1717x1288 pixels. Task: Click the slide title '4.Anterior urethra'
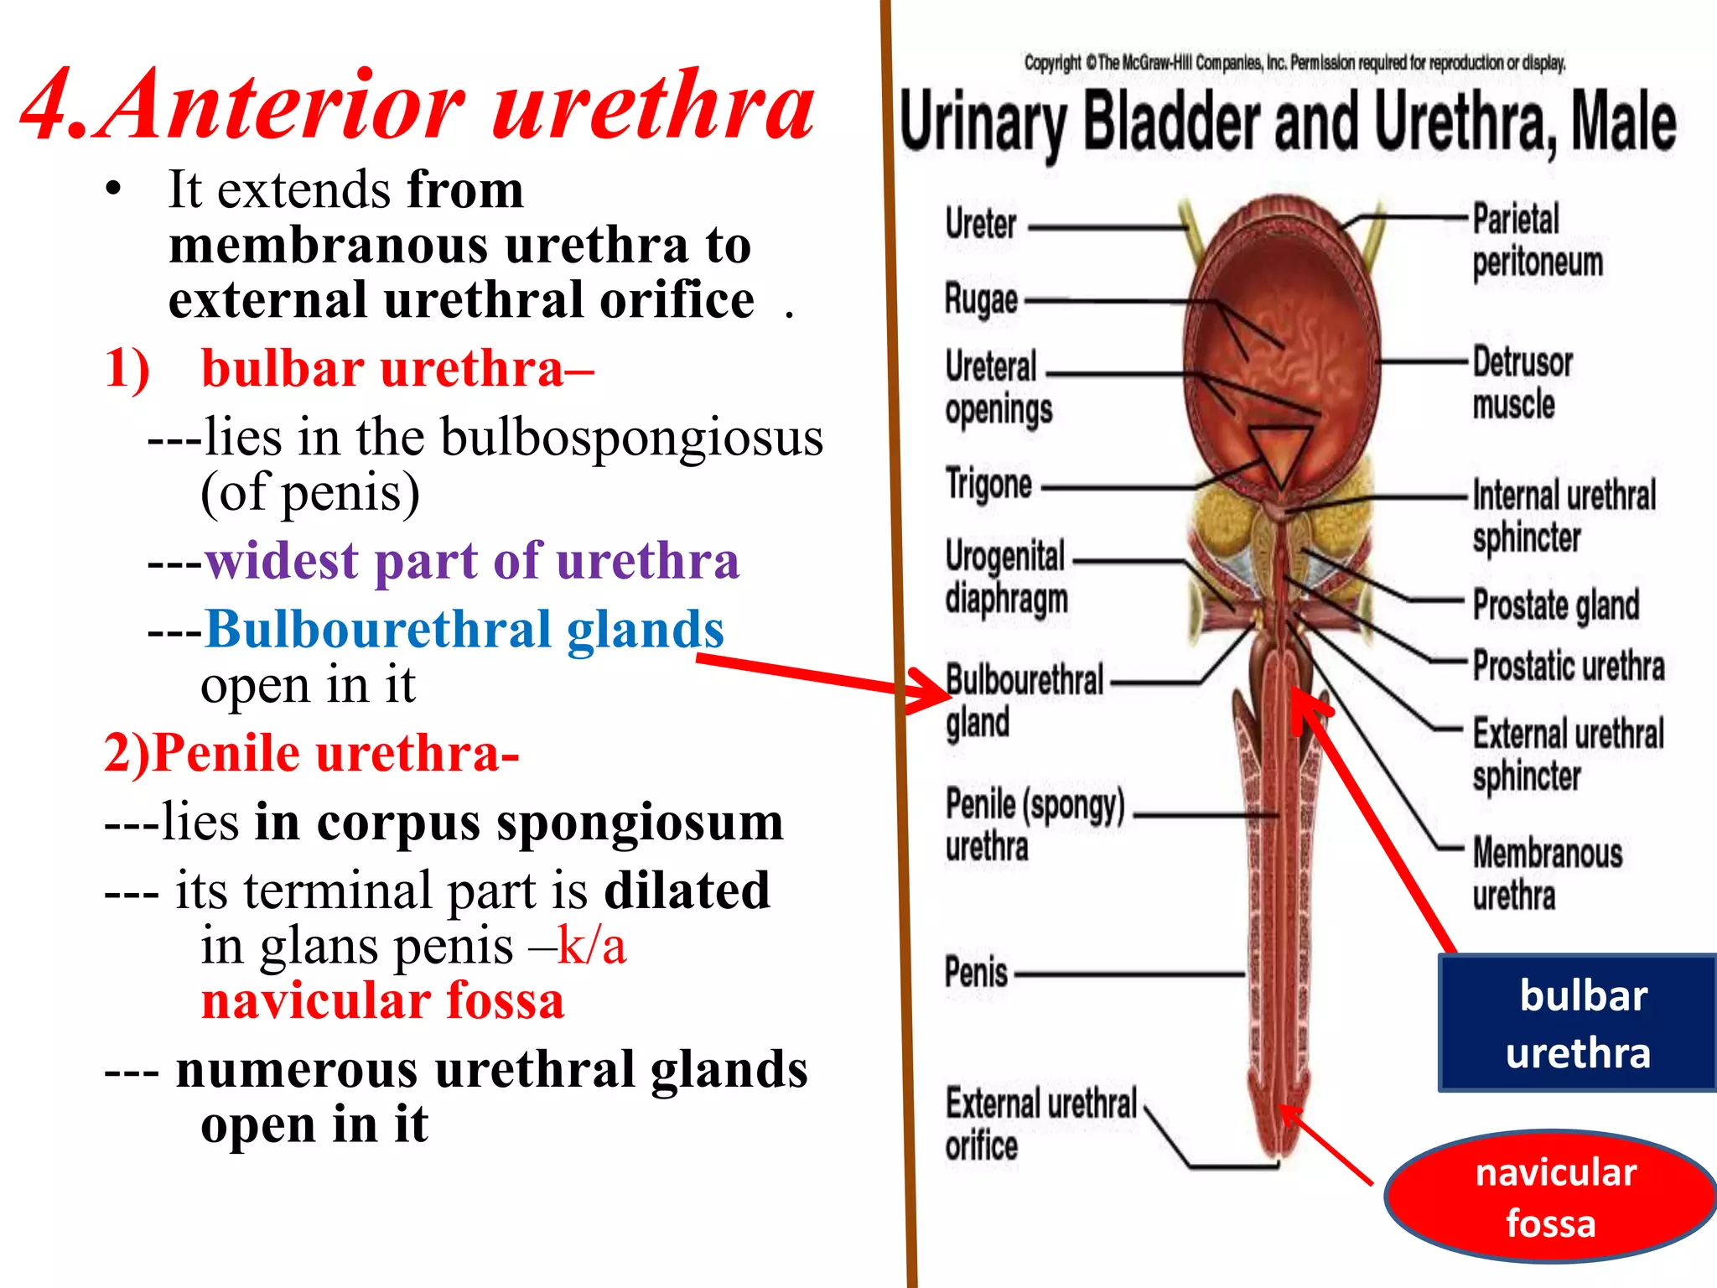pyautogui.click(x=418, y=105)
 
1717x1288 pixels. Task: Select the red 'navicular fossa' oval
pyautogui.click(x=1551, y=1197)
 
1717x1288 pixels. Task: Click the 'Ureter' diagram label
pyautogui.click(x=981, y=223)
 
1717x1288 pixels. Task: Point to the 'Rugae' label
pyautogui.click(x=981, y=299)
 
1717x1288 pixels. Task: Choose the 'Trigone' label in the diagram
pyautogui.click(x=988, y=484)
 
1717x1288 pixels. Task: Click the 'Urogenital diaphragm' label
pyautogui.click(x=1006, y=577)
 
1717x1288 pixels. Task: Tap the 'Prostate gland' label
pyautogui.click(x=1556, y=605)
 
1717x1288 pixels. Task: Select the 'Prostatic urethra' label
pyautogui.click(x=1569, y=666)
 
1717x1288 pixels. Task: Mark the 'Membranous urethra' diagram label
pyautogui.click(x=1547, y=873)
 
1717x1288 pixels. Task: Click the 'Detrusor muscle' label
pyautogui.click(x=1522, y=383)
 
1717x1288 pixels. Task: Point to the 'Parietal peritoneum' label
pyautogui.click(x=1537, y=241)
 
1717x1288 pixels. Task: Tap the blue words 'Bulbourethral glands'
pyautogui.click(x=464, y=629)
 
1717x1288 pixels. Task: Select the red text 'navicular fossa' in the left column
pyautogui.click(x=383, y=1000)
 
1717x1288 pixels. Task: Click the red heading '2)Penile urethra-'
pyautogui.click(x=311, y=752)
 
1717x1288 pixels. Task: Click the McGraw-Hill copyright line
pyautogui.click(x=1294, y=63)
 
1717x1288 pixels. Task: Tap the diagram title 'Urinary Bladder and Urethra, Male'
pyautogui.click(x=1288, y=123)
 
